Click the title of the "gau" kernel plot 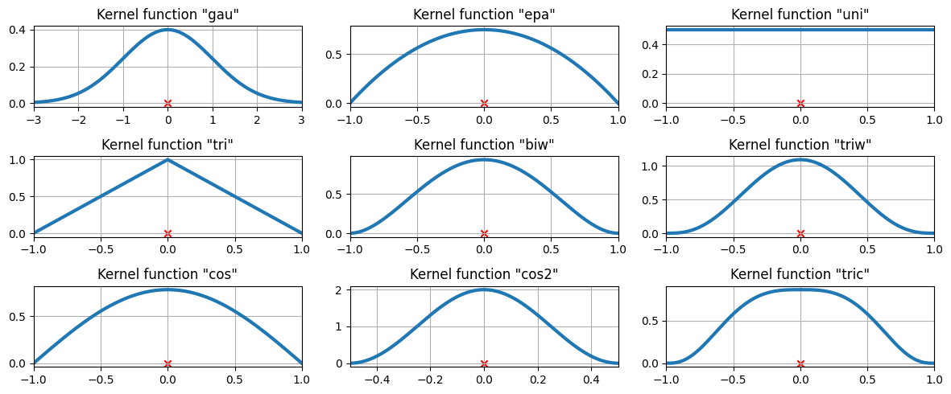(x=167, y=14)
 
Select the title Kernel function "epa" (x=484, y=14)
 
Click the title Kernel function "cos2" (x=484, y=274)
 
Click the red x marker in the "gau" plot (x=167, y=103)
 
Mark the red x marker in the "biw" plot (x=484, y=233)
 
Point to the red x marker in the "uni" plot (x=800, y=103)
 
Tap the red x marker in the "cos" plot (x=167, y=363)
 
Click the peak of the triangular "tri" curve (x=167, y=159)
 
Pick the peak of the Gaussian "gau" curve (x=167, y=30)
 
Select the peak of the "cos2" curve (x=484, y=289)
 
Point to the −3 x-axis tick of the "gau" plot (x=34, y=119)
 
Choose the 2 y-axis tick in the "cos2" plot (x=340, y=289)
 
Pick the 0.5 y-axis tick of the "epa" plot (x=333, y=55)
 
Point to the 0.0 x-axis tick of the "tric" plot (x=800, y=380)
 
